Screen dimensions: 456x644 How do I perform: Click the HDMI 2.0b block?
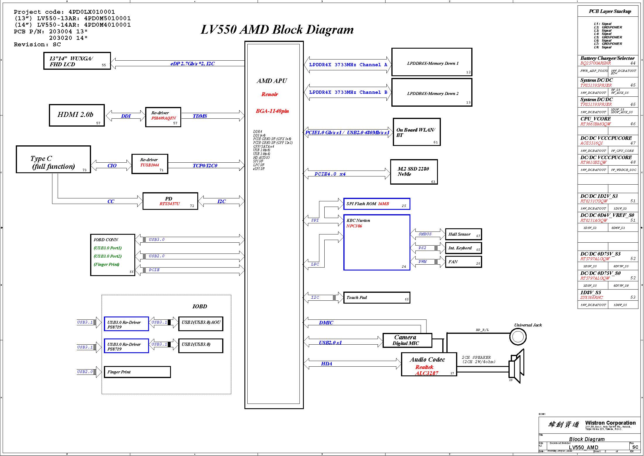tap(77, 115)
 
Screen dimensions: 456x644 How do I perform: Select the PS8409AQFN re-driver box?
tap(163, 117)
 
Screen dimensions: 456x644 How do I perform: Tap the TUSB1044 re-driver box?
tap(150, 164)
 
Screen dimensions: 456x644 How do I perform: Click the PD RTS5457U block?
tap(170, 201)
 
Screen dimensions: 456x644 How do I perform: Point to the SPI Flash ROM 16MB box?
tap(376, 204)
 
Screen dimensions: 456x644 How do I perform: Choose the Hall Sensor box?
tap(463, 234)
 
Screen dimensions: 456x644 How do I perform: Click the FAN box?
tap(463, 262)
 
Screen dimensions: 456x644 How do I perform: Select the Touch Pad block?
tap(376, 297)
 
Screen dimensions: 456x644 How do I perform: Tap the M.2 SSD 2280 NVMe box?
tap(414, 172)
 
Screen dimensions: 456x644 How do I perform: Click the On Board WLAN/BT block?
tap(417, 132)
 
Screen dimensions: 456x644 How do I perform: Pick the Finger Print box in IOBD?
tap(137, 372)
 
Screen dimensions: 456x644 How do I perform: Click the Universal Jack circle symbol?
tap(518, 337)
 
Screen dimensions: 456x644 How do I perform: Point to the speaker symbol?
tap(516, 366)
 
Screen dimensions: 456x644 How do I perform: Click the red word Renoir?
tap(270, 94)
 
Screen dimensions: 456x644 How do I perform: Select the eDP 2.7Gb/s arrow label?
tap(192, 64)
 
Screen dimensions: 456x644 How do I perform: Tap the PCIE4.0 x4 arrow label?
tap(330, 174)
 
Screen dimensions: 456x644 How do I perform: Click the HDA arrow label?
tap(326, 364)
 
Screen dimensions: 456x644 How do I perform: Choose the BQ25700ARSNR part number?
tap(595, 63)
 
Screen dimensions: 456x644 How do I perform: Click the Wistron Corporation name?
tap(610, 423)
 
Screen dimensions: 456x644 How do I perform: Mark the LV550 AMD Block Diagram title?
tap(277, 30)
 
